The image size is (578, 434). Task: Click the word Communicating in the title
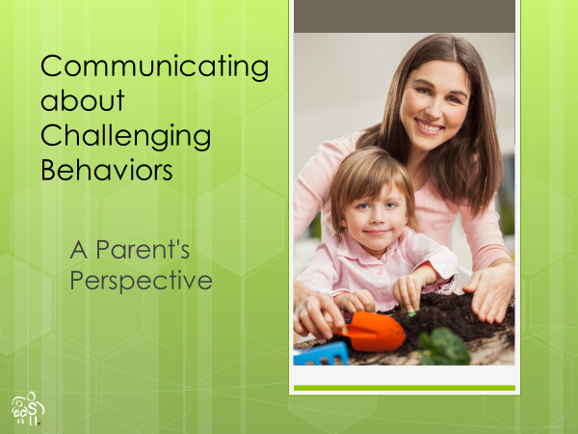[155, 68]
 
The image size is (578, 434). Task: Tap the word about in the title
[83, 100]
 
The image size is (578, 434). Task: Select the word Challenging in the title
[125, 136]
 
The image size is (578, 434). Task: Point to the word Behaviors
[107, 170]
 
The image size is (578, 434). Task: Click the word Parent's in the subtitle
[143, 250]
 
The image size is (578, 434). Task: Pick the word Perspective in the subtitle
[141, 281]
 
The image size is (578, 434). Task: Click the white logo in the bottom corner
[28, 409]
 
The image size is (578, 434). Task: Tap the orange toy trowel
[371, 332]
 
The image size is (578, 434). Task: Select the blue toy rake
[321, 354]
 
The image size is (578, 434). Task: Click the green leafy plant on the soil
[445, 346]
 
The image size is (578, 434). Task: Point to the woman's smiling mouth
[430, 126]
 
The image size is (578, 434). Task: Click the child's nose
[376, 219]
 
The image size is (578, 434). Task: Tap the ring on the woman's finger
[302, 312]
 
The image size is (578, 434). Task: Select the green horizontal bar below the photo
[405, 388]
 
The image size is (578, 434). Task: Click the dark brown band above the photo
[405, 16]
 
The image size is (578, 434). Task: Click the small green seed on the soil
[411, 314]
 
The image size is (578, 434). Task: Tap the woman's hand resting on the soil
[490, 292]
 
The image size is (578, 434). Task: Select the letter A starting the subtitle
[79, 250]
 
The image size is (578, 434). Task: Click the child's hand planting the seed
[408, 291]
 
